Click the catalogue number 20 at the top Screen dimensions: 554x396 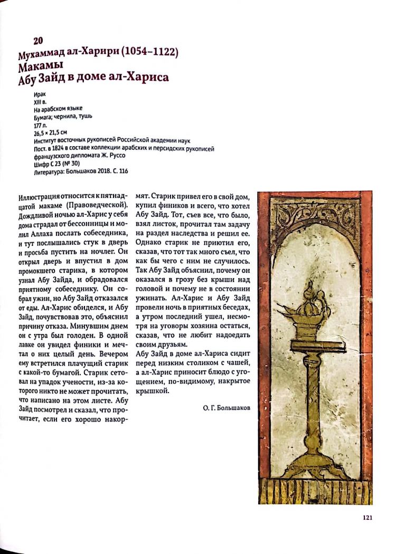click(x=38, y=41)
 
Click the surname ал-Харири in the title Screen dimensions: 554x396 click(x=94, y=53)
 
